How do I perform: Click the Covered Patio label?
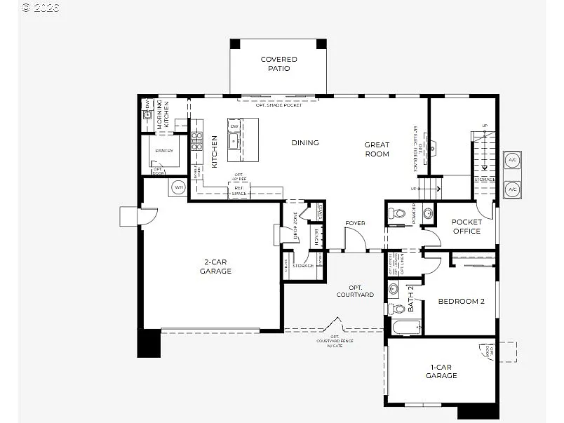278,64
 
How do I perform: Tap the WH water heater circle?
177,188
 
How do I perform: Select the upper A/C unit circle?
511,159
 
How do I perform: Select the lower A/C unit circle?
511,189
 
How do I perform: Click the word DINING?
305,143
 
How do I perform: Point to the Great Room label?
377,149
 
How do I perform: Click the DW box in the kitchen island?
234,127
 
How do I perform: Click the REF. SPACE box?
239,190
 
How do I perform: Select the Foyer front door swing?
355,242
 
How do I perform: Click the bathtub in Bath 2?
405,327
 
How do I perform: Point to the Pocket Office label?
466,227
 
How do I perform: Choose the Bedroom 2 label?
461,302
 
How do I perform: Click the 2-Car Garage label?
215,267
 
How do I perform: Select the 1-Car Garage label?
441,371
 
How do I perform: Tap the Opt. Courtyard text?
356,291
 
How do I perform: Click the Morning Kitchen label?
163,114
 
